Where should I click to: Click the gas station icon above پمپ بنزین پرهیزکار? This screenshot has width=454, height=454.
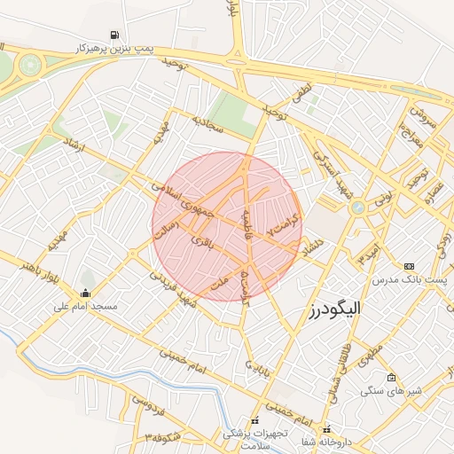coord(114,35)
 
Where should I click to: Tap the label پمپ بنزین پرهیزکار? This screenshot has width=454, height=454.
coord(115,48)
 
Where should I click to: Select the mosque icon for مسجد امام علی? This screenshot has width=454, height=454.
coord(85,294)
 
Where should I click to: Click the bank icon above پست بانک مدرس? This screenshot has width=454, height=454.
coord(409,266)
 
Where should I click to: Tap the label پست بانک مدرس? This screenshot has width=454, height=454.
coord(408,279)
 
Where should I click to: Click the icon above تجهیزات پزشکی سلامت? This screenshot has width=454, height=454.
coord(254,421)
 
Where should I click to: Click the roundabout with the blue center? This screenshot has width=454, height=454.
coord(358,207)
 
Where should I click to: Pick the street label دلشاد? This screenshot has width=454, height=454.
coord(315,244)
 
